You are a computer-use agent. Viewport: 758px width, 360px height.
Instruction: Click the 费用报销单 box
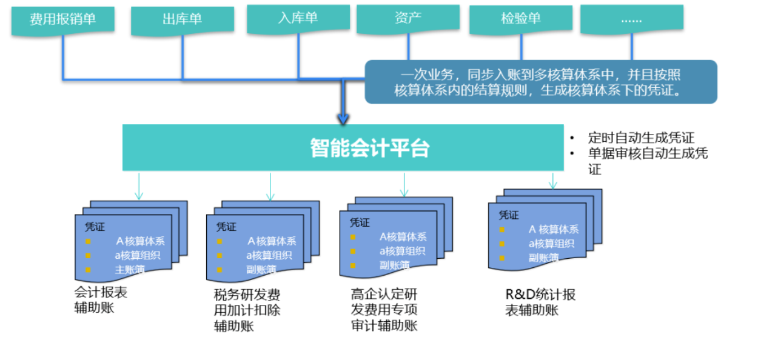[x=62, y=19]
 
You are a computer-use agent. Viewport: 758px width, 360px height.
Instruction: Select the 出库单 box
[x=182, y=20]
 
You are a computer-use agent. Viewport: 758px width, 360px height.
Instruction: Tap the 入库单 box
[x=298, y=18]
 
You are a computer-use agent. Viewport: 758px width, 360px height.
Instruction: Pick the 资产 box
[x=408, y=18]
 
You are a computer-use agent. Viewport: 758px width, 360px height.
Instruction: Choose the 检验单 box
[x=520, y=18]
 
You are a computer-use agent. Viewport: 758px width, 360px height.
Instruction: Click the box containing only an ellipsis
[x=631, y=18]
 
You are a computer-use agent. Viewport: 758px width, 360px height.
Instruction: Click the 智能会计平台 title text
[x=369, y=148]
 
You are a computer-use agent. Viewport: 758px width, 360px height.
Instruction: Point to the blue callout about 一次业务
[x=540, y=82]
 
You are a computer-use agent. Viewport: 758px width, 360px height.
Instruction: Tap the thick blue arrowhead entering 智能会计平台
[x=343, y=118]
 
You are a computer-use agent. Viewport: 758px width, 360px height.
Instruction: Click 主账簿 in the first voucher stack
[x=130, y=270]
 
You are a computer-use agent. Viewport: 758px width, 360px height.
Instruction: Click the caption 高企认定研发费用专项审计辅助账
[x=384, y=310]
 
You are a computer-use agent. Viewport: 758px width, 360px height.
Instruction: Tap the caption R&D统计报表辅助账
[x=540, y=302]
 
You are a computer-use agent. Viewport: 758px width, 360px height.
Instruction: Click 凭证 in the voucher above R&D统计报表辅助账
[x=508, y=215]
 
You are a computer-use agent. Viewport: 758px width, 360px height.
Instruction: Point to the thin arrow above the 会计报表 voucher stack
[x=139, y=186]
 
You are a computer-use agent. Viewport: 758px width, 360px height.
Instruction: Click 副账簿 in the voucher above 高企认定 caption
[x=394, y=265]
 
